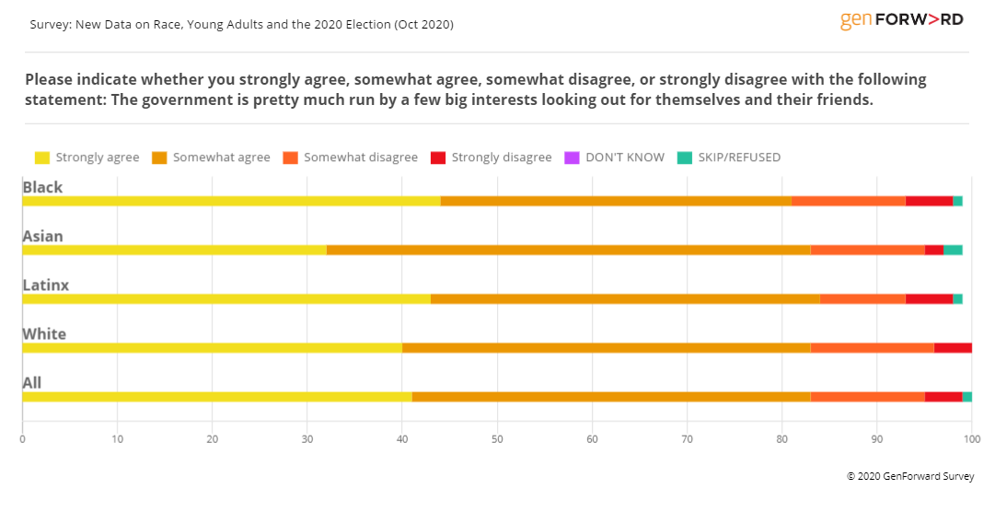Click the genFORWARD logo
(x=901, y=20)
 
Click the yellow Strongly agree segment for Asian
(x=174, y=250)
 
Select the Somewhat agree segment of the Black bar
(x=616, y=201)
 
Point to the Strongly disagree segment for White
(x=953, y=347)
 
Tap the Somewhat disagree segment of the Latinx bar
(x=862, y=298)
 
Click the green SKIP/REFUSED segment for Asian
(x=953, y=250)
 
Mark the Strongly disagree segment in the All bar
(x=943, y=396)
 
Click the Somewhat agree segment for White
(x=607, y=347)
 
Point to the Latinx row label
(x=46, y=285)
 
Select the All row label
(x=32, y=382)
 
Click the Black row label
(x=42, y=187)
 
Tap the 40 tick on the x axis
(x=402, y=439)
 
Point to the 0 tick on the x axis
(x=22, y=439)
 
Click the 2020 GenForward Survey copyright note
(x=910, y=476)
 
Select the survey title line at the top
(x=240, y=24)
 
